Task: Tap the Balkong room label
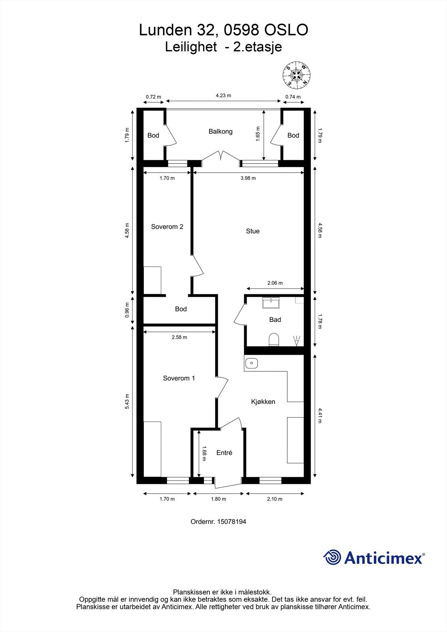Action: point(221,132)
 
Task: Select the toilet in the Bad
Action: point(273,340)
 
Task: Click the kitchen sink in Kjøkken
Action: point(251,363)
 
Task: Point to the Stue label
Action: point(253,231)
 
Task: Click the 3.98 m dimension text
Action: point(248,178)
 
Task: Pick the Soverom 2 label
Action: point(167,227)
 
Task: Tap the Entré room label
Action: point(224,453)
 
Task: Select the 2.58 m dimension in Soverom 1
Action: point(179,337)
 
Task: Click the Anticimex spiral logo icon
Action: point(332,558)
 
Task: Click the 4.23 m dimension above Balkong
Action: point(223,96)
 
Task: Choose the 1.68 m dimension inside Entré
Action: point(204,453)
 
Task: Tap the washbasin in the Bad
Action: point(271,303)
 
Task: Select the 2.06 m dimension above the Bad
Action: point(275,283)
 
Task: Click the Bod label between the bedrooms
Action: point(181,309)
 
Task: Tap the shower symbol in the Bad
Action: point(297,340)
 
